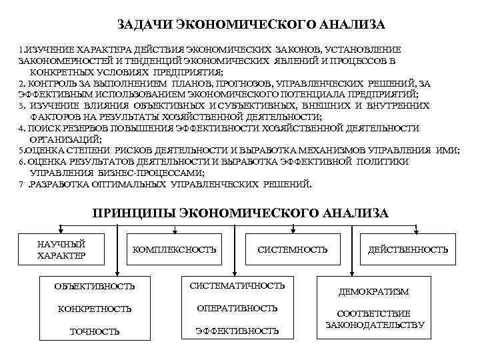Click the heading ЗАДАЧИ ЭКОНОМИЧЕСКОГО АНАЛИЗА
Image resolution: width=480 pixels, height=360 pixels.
251,25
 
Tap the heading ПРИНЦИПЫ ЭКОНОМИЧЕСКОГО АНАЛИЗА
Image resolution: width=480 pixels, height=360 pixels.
240,213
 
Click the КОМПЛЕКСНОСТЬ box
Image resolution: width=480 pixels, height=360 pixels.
175,249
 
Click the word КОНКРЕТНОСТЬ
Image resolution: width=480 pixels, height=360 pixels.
95,309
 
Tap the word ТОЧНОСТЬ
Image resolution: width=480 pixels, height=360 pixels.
95,331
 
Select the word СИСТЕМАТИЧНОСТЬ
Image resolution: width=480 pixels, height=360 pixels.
237,285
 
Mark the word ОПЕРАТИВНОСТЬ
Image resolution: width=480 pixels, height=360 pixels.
237,308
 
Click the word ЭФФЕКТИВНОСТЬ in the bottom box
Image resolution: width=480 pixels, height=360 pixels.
237,331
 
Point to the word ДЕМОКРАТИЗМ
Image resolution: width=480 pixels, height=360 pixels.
374,292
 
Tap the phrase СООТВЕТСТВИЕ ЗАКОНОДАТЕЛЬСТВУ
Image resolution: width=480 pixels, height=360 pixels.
374,319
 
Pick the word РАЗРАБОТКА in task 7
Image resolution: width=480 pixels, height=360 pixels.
63,184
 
